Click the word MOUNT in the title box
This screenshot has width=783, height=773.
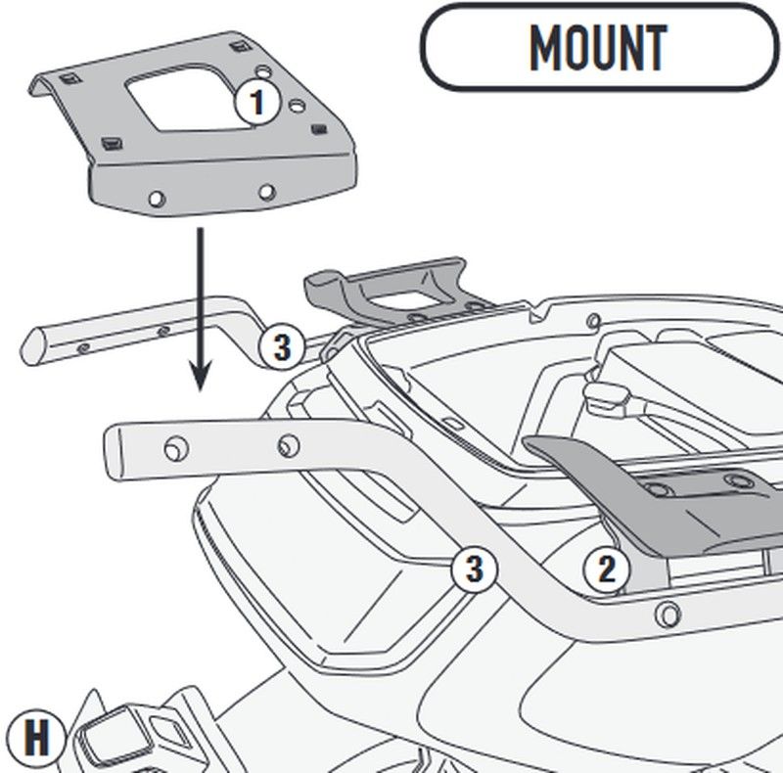pyautogui.click(x=597, y=46)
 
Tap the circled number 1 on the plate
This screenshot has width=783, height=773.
pyautogui.click(x=256, y=102)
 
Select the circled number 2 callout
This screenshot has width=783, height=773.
pyautogui.click(x=606, y=568)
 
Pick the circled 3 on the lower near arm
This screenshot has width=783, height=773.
pyautogui.click(x=474, y=568)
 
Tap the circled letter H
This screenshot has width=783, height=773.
pyautogui.click(x=36, y=738)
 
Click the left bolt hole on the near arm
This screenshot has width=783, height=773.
pyautogui.click(x=174, y=446)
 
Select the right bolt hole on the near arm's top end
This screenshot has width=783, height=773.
pyautogui.click(x=287, y=446)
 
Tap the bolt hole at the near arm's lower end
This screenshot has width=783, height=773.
pyautogui.click(x=668, y=615)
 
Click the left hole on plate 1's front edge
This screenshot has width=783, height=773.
pyautogui.click(x=155, y=200)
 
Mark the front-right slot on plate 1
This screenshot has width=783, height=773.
pyautogui.click(x=317, y=128)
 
